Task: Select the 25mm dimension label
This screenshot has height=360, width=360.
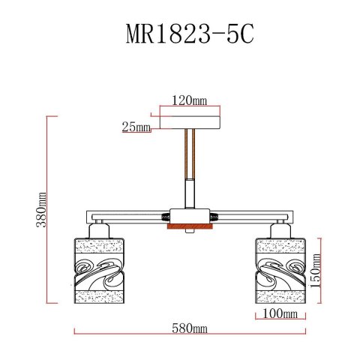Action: [x=136, y=127]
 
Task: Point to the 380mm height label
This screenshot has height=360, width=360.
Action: [x=43, y=209]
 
